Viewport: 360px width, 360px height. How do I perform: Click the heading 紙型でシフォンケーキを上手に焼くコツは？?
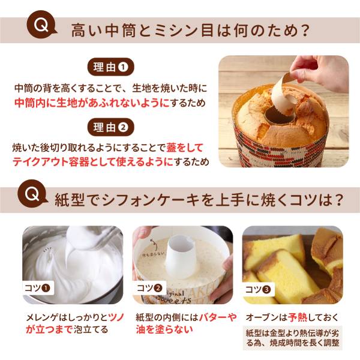pyautogui.click(x=198, y=199)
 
